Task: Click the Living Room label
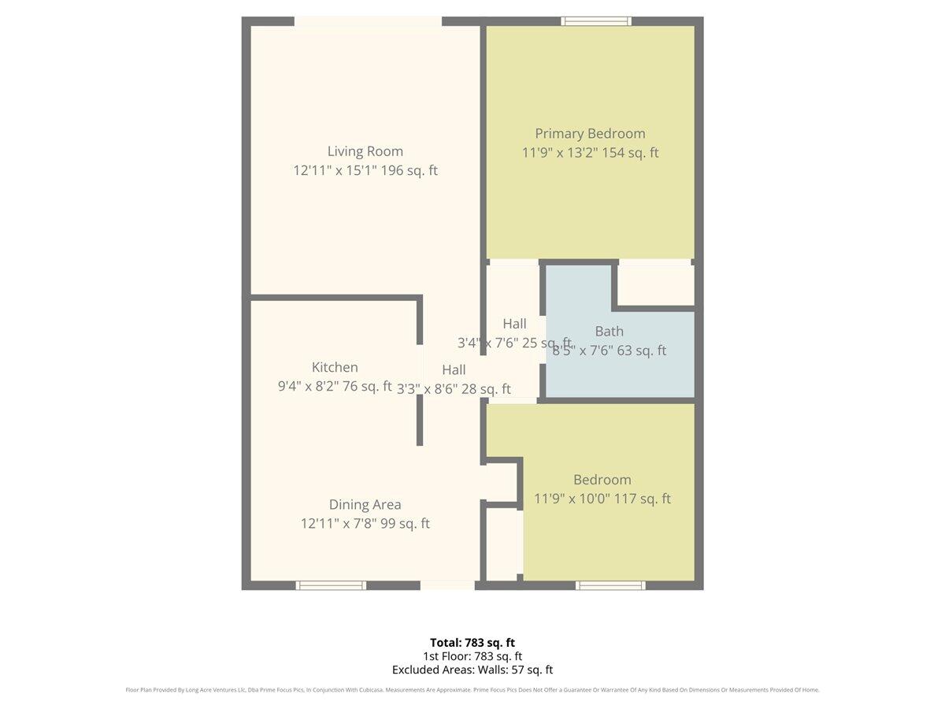[365, 151]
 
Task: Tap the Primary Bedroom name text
[590, 133]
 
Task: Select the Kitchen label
[335, 367]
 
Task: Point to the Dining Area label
[365, 505]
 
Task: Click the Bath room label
[609, 332]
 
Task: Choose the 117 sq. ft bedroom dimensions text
[602, 499]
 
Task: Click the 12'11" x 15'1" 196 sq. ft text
[365, 170]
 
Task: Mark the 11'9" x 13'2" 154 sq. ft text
[590, 153]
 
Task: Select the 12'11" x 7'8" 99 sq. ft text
[365, 524]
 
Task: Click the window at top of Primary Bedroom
[596, 21]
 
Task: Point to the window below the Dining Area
[331, 585]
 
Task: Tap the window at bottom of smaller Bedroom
[610, 585]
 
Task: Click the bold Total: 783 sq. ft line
[472, 642]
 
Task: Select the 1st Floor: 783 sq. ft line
[472, 655]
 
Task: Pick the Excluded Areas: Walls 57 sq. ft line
[472, 670]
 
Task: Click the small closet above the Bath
[655, 284]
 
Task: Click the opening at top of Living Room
[368, 21]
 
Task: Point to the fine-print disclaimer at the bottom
[472, 690]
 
